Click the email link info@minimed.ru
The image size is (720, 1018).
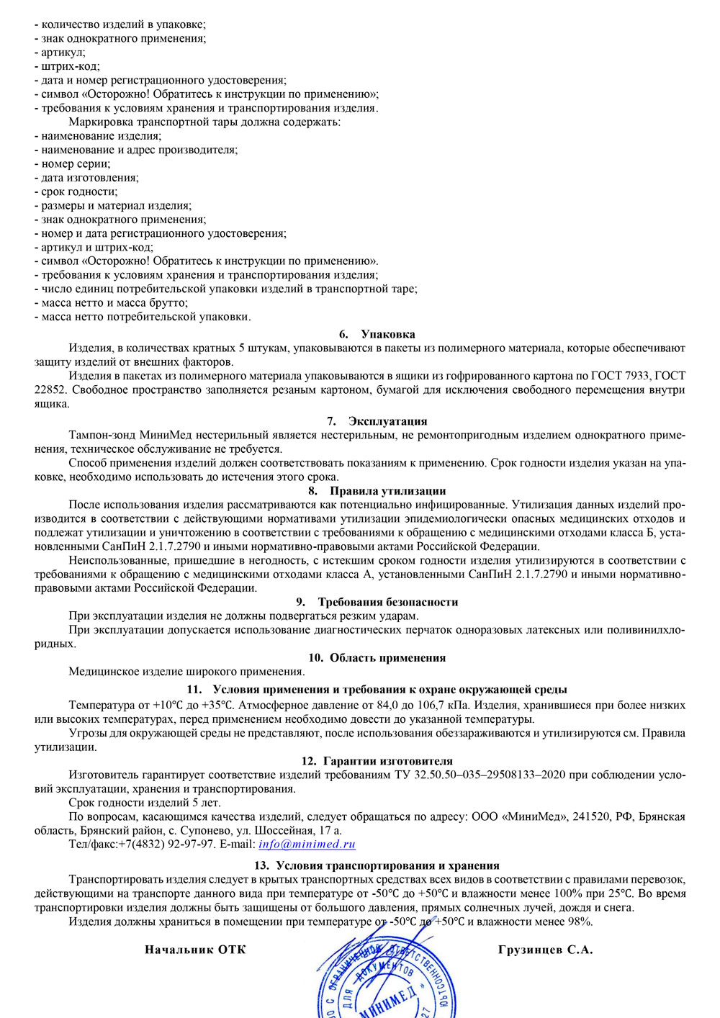tap(307, 844)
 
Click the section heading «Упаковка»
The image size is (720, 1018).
tap(387, 334)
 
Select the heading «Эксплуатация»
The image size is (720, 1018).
tap(387, 421)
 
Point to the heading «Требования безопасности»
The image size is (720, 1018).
tap(387, 602)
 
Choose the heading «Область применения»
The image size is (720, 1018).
tap(387, 657)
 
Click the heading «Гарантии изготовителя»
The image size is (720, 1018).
tap(387, 761)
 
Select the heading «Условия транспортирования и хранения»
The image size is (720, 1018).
tap(387, 865)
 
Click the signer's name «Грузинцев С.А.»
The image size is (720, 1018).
tap(545, 950)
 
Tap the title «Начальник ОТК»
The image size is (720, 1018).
tap(195, 950)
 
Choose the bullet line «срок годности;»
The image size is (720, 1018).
tap(79, 192)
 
